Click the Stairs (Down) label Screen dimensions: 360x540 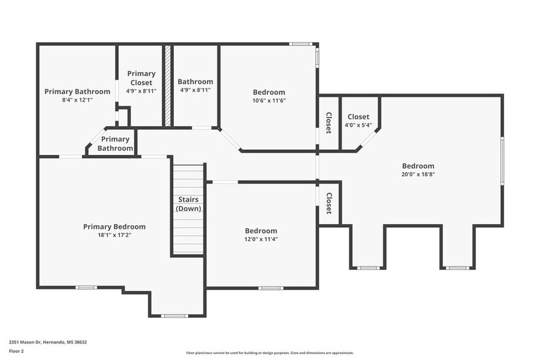pos(189,204)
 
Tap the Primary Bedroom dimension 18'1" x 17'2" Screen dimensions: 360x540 pos(114,235)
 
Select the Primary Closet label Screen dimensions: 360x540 pos(141,78)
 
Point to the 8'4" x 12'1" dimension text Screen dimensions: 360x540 pos(77,100)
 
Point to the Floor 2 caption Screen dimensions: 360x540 pos(16,351)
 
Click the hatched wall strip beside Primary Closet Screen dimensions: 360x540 pos(167,86)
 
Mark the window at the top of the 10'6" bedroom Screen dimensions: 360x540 pos(300,44)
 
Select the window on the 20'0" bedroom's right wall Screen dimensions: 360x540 pos(502,160)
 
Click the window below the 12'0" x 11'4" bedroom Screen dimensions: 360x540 pos(270,288)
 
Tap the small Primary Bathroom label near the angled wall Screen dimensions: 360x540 pos(115,144)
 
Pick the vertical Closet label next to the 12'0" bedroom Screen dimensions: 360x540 pos(329,203)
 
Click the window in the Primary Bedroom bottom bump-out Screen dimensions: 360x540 pos(174,316)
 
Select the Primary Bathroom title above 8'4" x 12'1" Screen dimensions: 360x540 pos(77,91)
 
